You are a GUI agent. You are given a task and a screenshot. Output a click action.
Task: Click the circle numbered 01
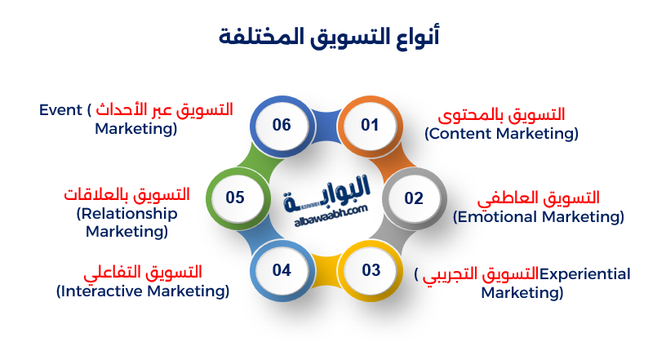click(x=371, y=125)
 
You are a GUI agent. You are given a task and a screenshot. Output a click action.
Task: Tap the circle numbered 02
click(x=414, y=198)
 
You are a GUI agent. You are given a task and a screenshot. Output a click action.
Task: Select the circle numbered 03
click(x=371, y=270)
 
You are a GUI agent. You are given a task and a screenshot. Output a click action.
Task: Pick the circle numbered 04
click(x=282, y=270)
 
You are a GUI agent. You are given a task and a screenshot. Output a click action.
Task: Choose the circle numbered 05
click(x=236, y=198)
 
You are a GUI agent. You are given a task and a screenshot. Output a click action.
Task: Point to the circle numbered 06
click(x=282, y=125)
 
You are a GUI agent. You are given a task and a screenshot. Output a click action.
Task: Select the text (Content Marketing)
click(x=501, y=133)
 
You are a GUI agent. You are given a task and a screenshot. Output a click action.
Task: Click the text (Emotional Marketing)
click(x=539, y=217)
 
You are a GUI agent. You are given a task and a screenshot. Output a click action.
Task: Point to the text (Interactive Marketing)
click(x=143, y=291)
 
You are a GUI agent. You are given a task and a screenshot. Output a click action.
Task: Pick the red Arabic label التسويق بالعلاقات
click(x=127, y=195)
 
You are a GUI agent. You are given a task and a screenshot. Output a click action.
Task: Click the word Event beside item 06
click(x=59, y=109)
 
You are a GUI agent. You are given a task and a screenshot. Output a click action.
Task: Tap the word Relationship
click(x=127, y=214)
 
